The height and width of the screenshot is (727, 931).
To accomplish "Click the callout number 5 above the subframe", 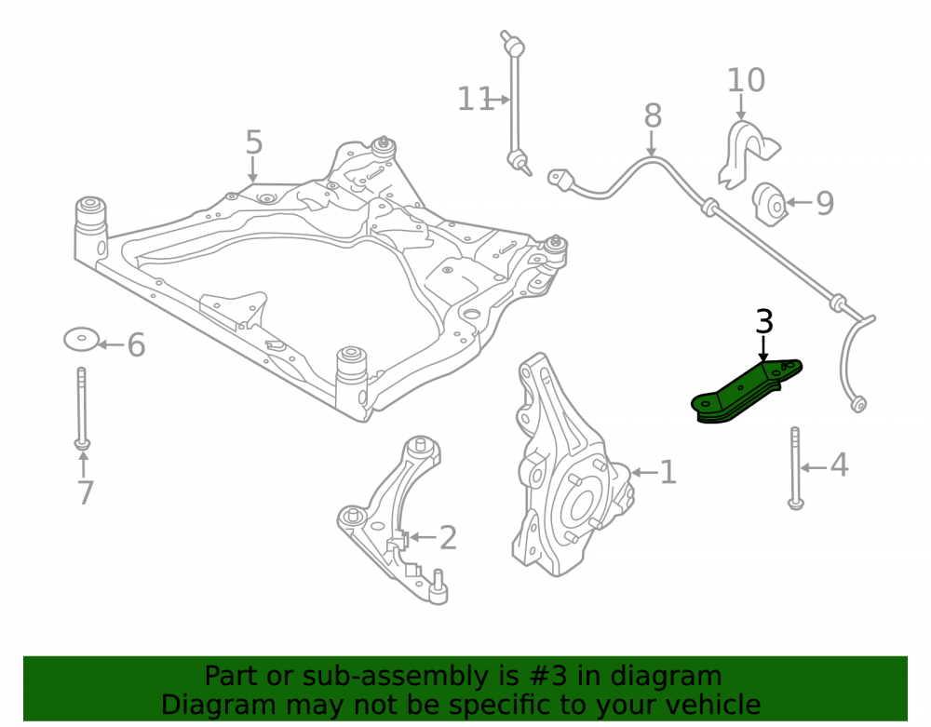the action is click(253, 142).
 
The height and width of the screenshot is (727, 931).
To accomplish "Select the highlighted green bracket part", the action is click(746, 392).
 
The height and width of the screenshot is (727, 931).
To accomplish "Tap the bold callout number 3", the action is click(764, 322).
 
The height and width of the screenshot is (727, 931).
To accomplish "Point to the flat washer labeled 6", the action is click(81, 339).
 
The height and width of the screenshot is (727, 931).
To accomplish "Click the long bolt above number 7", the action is click(82, 409).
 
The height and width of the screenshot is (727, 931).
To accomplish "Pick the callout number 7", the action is click(86, 492).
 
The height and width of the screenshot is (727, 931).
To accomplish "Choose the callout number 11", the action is click(475, 99).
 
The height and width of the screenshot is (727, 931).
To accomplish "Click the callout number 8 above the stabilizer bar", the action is click(653, 115).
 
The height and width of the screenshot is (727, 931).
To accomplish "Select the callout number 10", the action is click(747, 80).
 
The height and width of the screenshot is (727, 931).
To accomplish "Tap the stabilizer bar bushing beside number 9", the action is click(770, 205).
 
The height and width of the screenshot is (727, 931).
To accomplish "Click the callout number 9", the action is click(825, 203).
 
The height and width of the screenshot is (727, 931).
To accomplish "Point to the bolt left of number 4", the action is click(795, 467).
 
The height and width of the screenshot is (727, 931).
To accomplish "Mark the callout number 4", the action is click(839, 464).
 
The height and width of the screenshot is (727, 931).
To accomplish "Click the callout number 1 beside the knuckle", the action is click(668, 472).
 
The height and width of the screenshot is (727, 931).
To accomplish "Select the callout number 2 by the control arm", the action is click(448, 538).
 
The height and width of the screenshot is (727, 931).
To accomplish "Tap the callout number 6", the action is click(136, 344).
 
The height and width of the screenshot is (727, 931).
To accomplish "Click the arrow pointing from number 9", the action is click(799, 203).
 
